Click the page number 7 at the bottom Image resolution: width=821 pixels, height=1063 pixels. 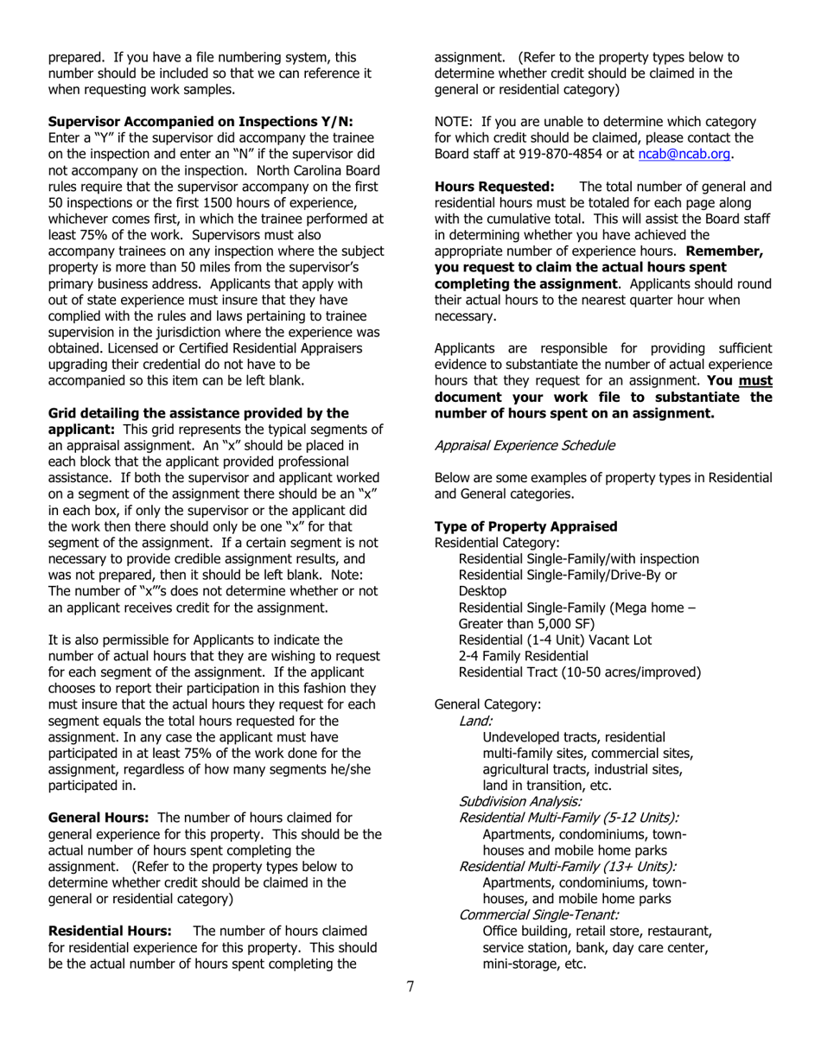tap(410, 987)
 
